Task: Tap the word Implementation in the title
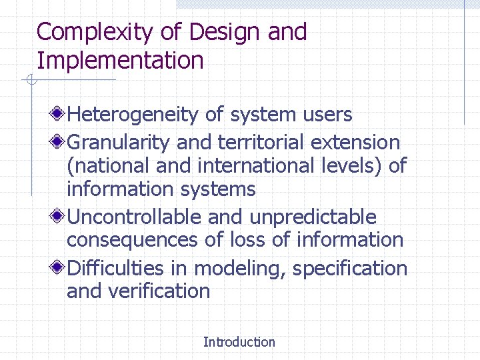click(x=120, y=61)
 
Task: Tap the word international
click(x=262, y=166)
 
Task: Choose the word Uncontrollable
click(x=135, y=217)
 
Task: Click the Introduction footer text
click(x=239, y=342)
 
